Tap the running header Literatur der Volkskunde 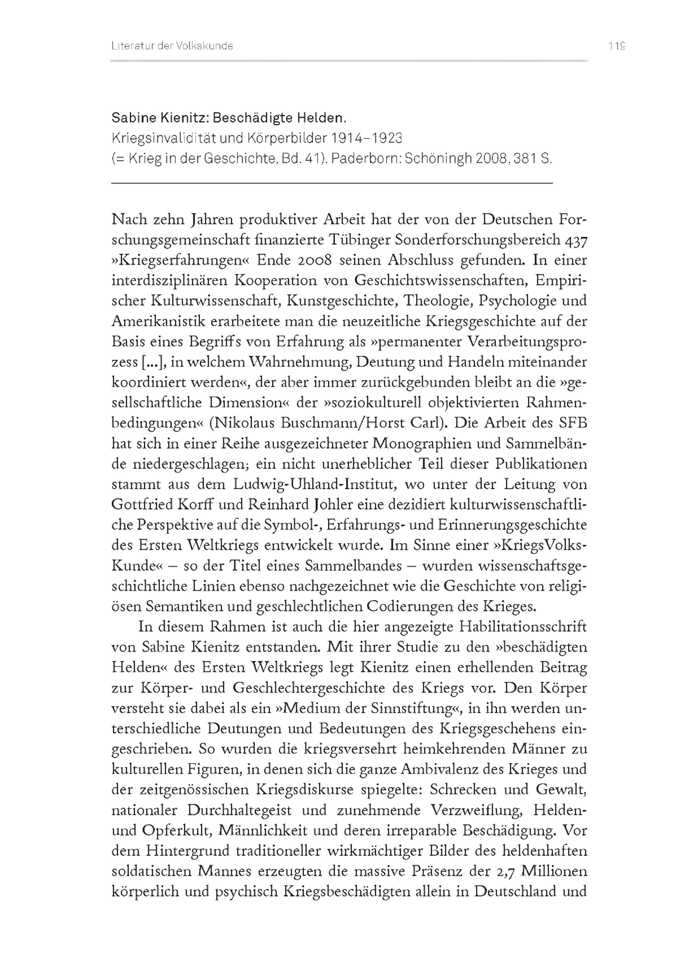point(172,46)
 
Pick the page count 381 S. point(533,159)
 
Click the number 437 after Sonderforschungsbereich point(576,240)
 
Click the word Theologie point(434,301)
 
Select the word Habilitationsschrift point(523,627)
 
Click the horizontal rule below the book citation point(332,183)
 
